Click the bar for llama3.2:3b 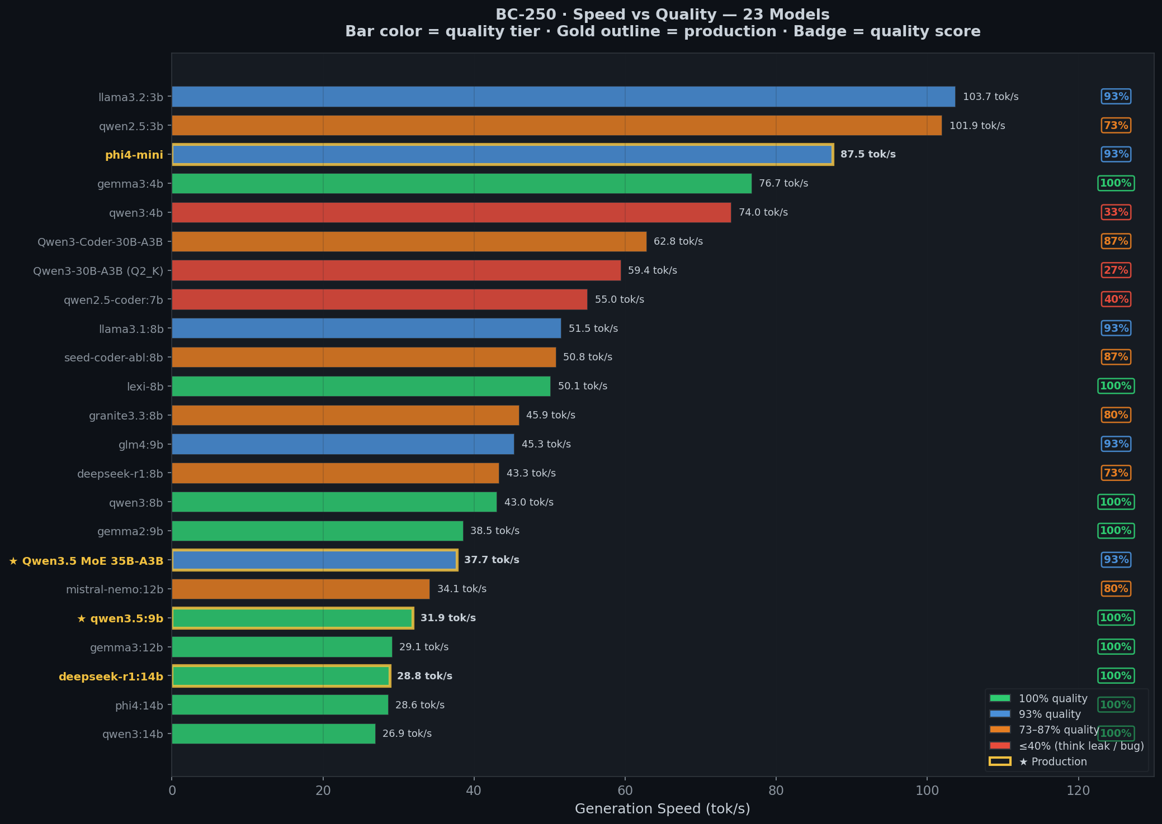[563, 97]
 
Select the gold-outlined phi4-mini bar [502, 154]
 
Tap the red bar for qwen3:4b [451, 212]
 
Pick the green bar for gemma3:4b [461, 183]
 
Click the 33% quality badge [1116, 212]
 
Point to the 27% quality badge [1116, 270]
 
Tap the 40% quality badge [1116, 299]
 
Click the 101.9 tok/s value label [977, 126]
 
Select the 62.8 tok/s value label [678, 241]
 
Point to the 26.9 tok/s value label [407, 733]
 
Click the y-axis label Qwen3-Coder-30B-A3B [100, 242]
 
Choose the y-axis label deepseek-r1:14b [111, 677]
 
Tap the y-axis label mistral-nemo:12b [115, 589]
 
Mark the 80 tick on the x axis [776, 790]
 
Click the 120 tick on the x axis [1078, 790]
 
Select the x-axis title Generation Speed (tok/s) [663, 809]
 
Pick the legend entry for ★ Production [1038, 761]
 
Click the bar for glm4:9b [343, 444]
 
